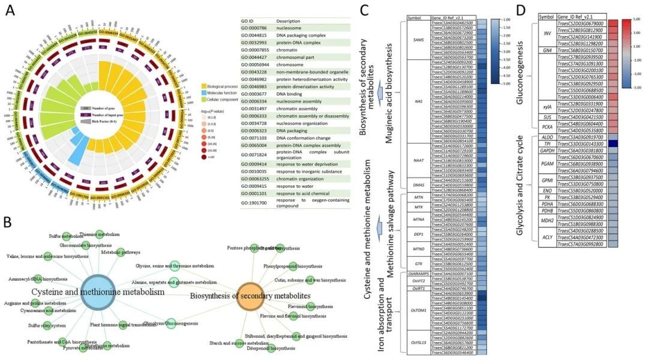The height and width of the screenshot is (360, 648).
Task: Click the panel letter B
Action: [x=10, y=223]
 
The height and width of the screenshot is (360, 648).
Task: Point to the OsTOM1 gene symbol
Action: [x=418, y=310]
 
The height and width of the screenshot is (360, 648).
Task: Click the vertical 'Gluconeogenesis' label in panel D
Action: [x=528, y=72]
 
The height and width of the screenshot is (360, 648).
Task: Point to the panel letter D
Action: [x=520, y=10]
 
